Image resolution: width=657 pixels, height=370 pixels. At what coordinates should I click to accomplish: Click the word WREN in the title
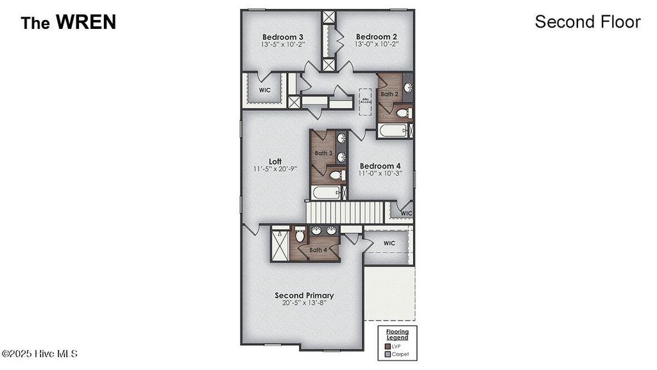coord(85,22)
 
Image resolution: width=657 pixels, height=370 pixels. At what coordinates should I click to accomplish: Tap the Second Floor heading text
coord(587,22)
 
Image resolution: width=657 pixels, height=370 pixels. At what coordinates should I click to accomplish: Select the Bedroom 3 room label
coord(282,37)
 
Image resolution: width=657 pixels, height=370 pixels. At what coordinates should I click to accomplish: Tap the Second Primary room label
coord(304,295)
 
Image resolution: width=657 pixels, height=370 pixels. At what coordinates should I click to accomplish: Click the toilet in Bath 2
coord(403,113)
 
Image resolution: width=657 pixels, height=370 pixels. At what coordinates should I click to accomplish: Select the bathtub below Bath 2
coord(392,131)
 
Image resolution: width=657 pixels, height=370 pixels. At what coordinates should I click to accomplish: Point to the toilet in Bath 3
coord(334,175)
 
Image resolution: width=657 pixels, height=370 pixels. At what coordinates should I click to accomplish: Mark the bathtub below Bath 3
coord(325,193)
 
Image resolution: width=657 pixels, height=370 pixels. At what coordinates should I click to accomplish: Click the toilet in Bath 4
coord(300,236)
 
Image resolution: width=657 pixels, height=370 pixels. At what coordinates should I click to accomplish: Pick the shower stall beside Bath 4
coord(280,245)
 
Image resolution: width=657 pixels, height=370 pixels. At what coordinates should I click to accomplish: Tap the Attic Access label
coord(366,100)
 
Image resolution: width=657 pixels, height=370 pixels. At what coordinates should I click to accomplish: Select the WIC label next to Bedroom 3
coord(264,91)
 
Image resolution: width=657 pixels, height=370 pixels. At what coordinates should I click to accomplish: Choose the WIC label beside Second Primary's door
coord(389,243)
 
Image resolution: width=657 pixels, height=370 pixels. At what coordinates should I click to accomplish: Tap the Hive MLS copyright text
coord(39,354)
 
